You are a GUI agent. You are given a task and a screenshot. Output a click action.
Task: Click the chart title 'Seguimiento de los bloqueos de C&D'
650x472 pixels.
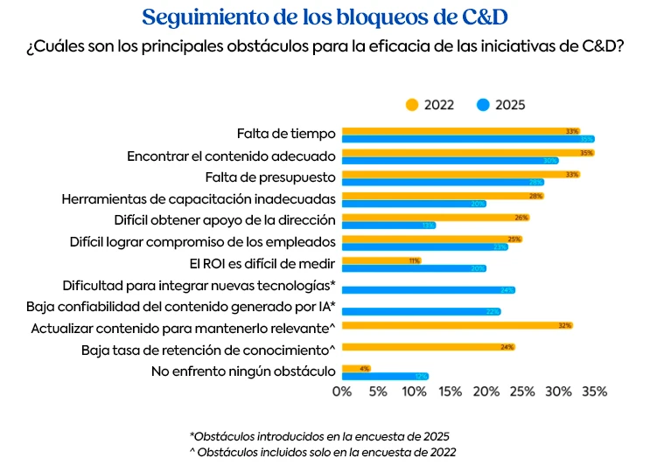click(x=325, y=17)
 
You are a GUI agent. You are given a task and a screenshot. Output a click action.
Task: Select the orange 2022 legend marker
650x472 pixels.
click(x=412, y=105)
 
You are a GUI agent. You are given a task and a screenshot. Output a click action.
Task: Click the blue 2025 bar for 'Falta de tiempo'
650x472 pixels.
click(x=468, y=139)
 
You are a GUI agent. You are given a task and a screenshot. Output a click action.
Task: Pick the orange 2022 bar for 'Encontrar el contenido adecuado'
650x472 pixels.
click(x=468, y=152)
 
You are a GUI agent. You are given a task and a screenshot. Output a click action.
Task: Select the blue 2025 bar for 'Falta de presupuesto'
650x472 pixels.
click(x=443, y=182)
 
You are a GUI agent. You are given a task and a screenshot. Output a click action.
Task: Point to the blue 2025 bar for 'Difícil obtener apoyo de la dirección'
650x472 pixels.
click(x=388, y=225)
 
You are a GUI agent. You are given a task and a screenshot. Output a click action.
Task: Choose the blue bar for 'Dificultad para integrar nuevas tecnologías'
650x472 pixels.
click(x=428, y=289)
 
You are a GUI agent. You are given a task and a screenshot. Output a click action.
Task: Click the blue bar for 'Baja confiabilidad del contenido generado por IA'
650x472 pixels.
click(x=421, y=311)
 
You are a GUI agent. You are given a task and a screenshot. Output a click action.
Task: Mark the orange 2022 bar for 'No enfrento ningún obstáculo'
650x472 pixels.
click(x=356, y=368)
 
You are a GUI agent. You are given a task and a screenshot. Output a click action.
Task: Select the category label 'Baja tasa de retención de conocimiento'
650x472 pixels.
click(x=208, y=350)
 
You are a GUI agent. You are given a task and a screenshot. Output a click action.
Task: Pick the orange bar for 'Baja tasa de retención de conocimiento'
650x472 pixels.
click(x=428, y=347)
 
